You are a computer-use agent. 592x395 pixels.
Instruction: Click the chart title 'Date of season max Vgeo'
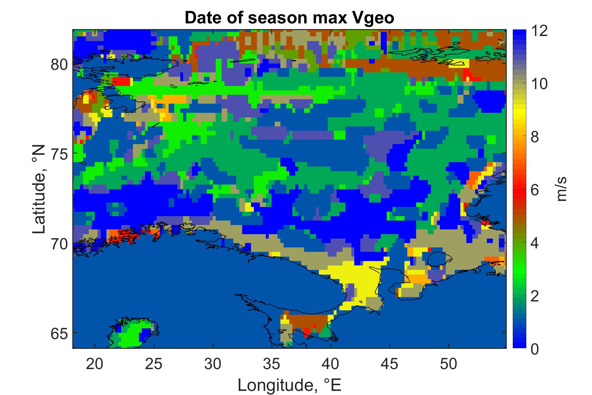click(x=290, y=18)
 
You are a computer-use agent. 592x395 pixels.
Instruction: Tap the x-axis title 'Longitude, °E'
click(x=290, y=385)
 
